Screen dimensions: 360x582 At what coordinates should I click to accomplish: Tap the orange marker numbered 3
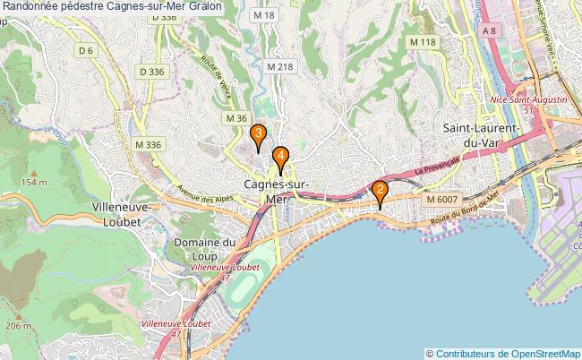pos(258,137)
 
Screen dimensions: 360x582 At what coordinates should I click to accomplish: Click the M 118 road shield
pos(422,42)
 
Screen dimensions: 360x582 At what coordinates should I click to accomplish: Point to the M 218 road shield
pos(279,66)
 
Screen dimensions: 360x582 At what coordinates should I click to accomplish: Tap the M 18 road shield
pos(263,16)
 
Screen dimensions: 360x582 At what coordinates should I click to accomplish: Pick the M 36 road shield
pos(235,118)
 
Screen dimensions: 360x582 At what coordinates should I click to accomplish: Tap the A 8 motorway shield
pos(489,31)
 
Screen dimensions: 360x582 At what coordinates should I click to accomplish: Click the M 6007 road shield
pos(441,199)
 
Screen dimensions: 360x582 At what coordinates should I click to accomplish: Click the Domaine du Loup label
pos(205,248)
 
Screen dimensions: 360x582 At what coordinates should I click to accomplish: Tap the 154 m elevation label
pos(34,182)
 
